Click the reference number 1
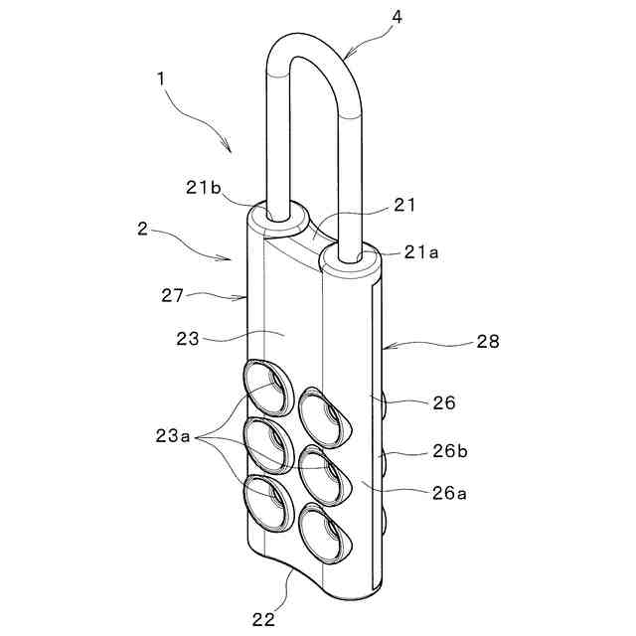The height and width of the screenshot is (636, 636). (x=161, y=79)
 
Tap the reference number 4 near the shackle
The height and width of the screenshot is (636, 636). (x=397, y=17)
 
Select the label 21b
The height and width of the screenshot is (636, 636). (x=203, y=188)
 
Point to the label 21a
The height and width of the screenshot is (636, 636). (x=421, y=252)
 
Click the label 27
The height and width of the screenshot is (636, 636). (x=172, y=295)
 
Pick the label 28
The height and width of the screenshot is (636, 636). (x=488, y=342)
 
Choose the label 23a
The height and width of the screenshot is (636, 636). (x=173, y=436)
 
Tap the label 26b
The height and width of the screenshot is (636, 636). (x=450, y=450)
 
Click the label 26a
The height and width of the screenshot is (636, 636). (x=449, y=493)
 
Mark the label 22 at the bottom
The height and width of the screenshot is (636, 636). (x=263, y=619)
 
